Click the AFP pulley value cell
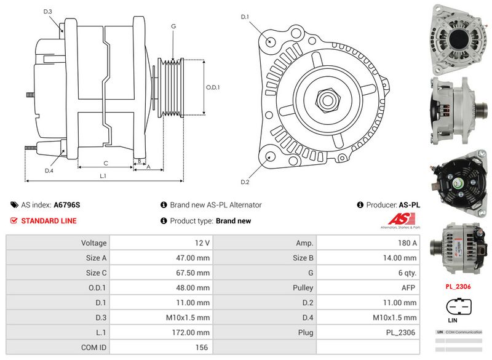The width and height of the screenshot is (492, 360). point(408,287)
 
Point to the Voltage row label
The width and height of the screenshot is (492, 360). point(94,243)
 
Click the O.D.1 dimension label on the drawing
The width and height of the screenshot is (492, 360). point(213,87)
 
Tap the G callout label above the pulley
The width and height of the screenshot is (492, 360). point(173,26)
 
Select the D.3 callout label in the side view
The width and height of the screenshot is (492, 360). point(48,12)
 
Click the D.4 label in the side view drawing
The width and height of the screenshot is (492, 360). point(49,170)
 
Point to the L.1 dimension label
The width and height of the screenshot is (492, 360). point(103,176)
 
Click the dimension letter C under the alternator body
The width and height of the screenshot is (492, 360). point(106,163)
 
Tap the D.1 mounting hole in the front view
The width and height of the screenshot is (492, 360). point(271,41)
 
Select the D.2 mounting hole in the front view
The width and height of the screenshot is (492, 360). point(271,156)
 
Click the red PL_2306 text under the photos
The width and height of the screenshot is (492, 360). point(458,286)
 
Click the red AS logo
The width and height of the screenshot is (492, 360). point(404,218)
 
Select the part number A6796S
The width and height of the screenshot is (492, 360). point(67,205)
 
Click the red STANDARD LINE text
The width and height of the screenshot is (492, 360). point(49,221)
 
